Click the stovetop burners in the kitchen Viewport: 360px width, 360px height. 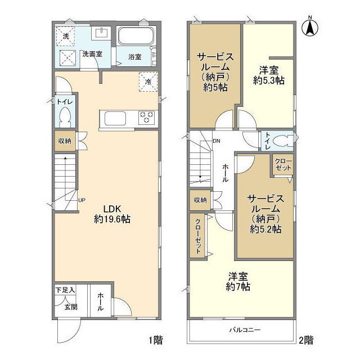click(x=147, y=118)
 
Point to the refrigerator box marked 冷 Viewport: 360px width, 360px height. click(x=148, y=82)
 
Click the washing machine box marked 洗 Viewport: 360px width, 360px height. click(x=66, y=36)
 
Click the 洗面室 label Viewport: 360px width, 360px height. click(x=91, y=54)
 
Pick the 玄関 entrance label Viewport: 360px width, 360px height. click(x=70, y=307)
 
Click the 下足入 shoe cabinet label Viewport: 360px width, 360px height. click(x=65, y=291)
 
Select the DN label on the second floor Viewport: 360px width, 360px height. click(x=216, y=141)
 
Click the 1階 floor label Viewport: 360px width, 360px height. click(x=156, y=340)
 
